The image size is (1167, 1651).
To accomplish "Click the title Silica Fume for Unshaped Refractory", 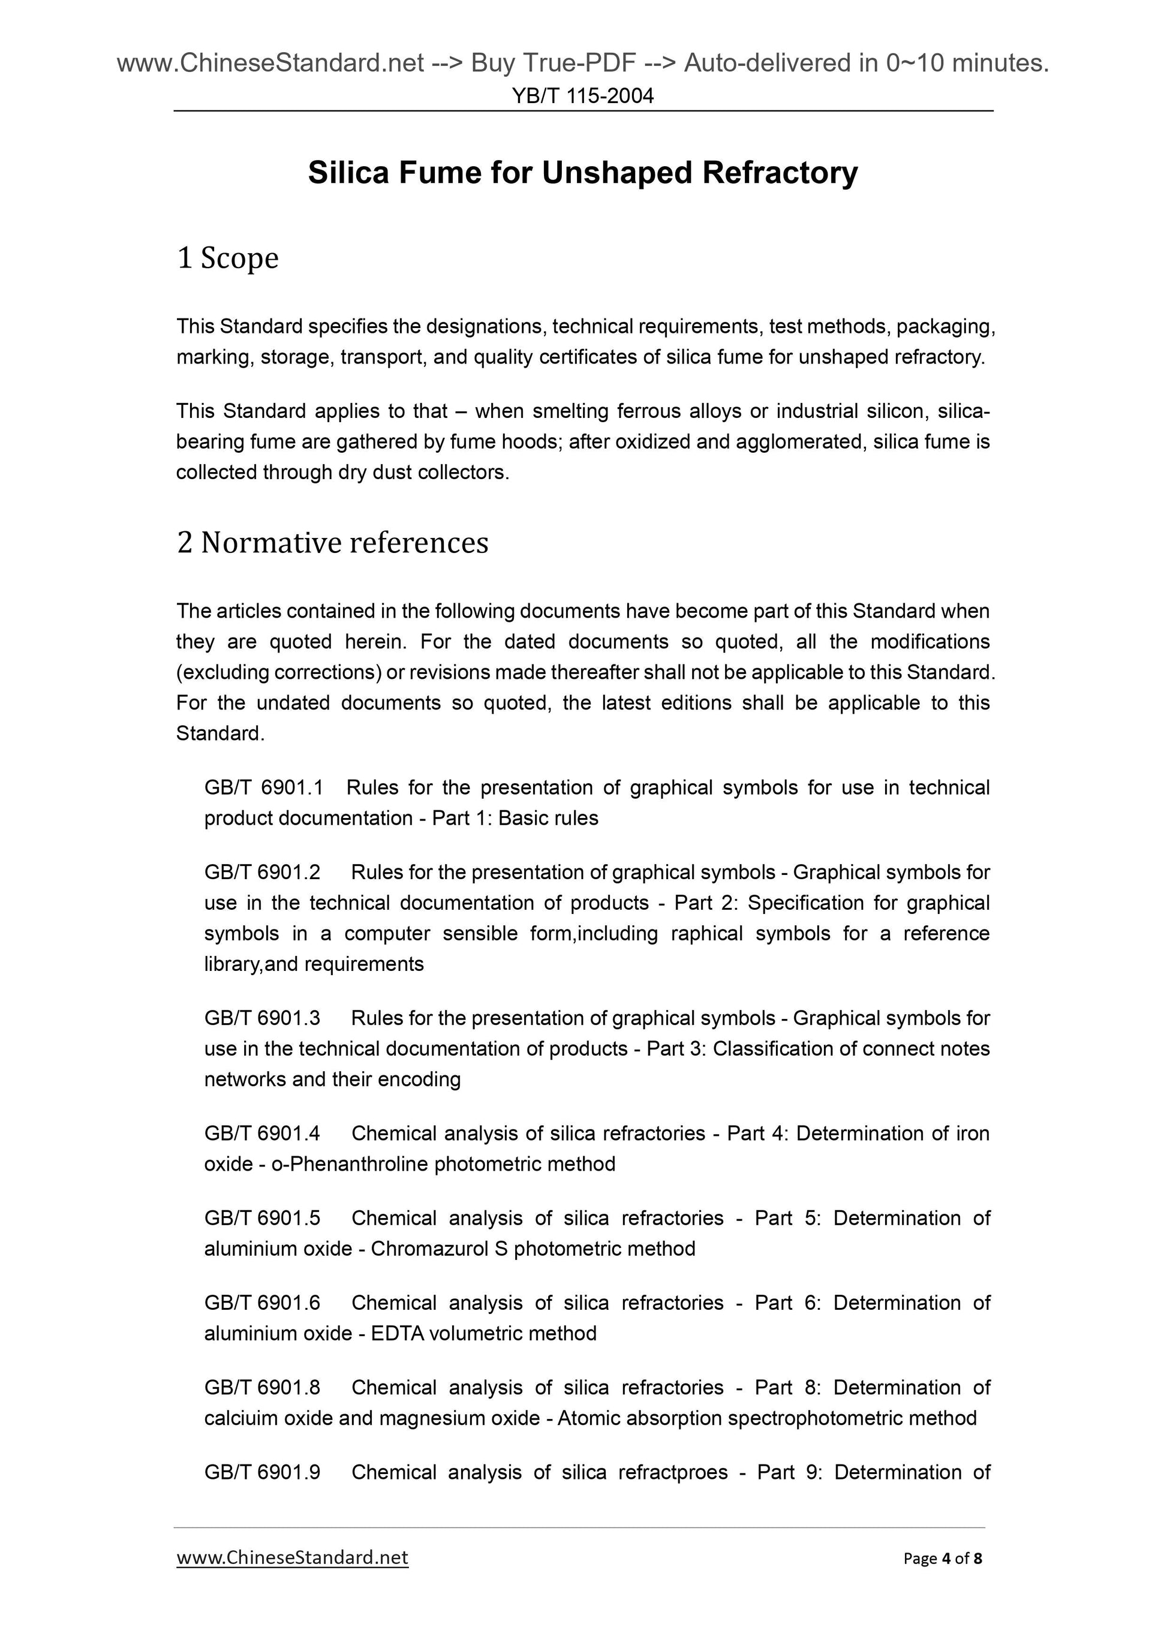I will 582,173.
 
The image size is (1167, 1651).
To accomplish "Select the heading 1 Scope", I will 227,257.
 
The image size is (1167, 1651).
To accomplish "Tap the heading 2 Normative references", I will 332,542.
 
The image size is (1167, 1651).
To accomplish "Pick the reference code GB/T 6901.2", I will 263,872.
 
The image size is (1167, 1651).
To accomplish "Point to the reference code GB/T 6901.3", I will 263,1018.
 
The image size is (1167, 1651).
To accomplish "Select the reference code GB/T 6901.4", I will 263,1133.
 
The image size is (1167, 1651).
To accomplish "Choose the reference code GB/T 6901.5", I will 263,1218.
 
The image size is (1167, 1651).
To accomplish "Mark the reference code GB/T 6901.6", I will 263,1303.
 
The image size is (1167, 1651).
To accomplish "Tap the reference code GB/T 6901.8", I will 263,1388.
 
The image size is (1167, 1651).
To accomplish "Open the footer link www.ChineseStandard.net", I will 292,1557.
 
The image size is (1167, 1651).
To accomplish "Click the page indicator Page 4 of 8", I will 943,1558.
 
